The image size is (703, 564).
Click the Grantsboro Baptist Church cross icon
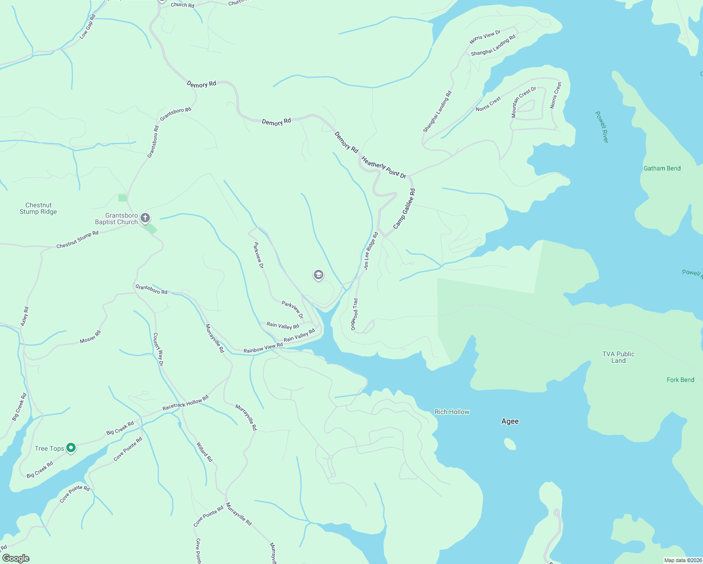coord(146,218)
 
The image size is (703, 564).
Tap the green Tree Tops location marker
coord(70,448)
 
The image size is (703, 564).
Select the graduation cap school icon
coord(319,275)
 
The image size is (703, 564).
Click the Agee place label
coord(510,421)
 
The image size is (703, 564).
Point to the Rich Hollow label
coord(452,412)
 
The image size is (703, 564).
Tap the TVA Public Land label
coord(618,357)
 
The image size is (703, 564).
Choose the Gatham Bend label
coord(662,168)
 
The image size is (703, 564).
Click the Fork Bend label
coord(680,380)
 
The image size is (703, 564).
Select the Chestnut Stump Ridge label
coord(39,208)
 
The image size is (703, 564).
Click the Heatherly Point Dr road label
coord(383,167)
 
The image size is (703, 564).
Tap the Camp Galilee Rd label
coord(404,209)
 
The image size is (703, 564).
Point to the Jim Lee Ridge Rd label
coord(370,251)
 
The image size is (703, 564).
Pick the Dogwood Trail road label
coord(355,314)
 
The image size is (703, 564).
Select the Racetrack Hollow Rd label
coord(185,403)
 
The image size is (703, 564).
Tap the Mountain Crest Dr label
coord(523,102)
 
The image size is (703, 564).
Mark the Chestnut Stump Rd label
coord(78,240)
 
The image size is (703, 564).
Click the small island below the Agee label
coord(509,444)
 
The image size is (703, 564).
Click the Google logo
coord(16,558)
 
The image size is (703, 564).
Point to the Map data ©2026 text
coord(682,560)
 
